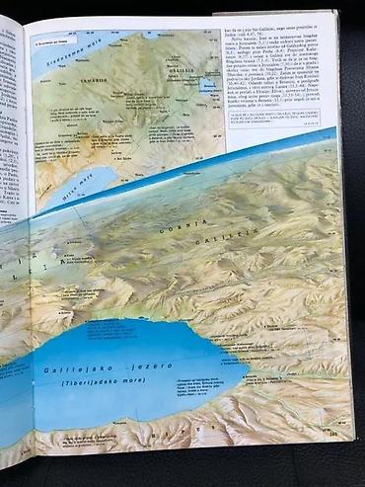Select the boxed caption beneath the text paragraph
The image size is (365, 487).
280,121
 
